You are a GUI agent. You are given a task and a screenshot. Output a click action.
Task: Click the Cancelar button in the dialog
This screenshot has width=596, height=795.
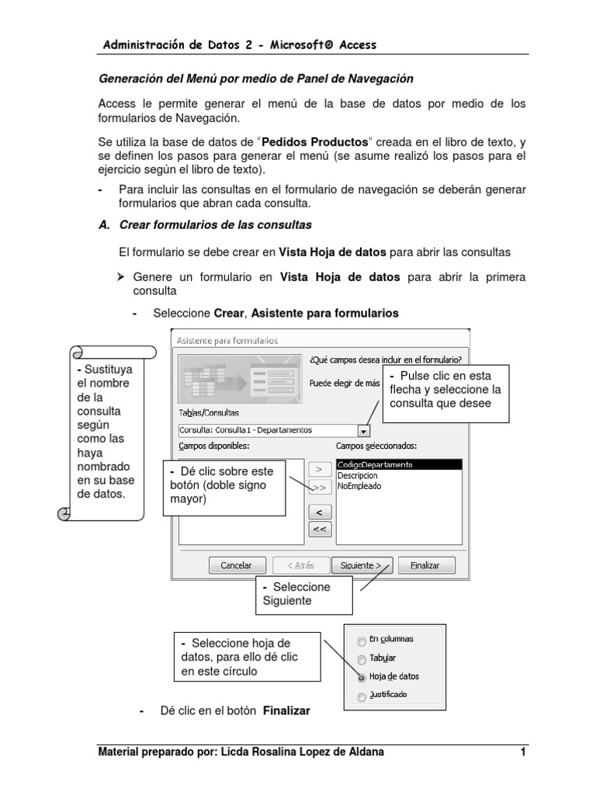[237, 565]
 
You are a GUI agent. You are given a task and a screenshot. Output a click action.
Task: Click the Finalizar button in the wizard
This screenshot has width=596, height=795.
[426, 565]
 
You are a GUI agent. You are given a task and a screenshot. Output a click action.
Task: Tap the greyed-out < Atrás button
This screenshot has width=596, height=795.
[300, 565]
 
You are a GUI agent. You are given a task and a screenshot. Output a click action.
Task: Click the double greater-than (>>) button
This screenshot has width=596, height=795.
[320, 488]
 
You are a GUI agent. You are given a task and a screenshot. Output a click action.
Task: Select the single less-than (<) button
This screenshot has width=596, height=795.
[320, 512]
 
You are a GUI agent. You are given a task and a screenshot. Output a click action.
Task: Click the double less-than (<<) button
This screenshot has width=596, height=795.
[320, 529]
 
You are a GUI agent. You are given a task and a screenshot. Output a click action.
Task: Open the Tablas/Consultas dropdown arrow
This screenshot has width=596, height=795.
[365, 430]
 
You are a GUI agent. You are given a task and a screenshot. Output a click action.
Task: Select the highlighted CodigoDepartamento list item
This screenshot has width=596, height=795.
[376, 464]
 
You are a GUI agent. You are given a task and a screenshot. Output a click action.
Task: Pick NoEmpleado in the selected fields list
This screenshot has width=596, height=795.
[359, 486]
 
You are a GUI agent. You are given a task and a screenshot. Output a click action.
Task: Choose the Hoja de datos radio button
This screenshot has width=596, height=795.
[362, 677]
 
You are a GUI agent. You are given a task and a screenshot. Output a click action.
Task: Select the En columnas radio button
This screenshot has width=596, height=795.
[362, 641]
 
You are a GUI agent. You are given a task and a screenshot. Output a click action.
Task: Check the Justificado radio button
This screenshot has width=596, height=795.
[362, 696]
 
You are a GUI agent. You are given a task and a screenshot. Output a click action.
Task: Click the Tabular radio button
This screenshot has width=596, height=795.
[362, 660]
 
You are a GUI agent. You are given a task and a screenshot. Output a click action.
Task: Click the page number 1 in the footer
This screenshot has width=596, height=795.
[524, 752]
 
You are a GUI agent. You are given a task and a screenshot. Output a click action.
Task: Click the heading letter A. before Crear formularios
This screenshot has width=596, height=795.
[104, 225]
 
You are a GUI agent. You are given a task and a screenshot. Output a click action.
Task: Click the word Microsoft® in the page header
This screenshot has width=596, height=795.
[296, 45]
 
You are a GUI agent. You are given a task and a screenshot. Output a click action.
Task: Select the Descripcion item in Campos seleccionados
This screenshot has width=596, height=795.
[358, 475]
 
